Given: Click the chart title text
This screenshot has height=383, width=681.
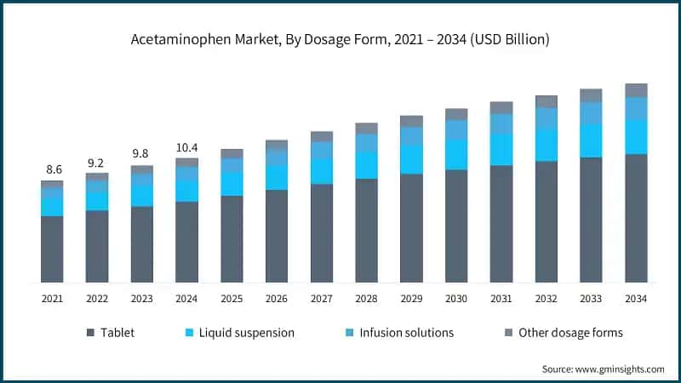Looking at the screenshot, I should [340, 39].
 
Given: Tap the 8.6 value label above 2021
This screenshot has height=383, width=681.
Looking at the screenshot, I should [52, 170].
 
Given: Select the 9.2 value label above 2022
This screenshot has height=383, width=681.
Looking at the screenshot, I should [97, 163].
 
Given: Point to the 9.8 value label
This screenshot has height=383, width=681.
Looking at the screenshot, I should [142, 155].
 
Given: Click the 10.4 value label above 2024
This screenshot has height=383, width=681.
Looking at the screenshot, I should [187, 147].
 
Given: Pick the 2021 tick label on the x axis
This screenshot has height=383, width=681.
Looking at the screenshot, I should [52, 299].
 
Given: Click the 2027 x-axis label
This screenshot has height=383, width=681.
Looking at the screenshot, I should [322, 299].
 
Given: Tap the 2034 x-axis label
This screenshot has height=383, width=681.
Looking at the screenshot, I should [636, 299].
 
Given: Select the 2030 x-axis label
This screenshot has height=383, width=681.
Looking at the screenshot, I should [456, 299].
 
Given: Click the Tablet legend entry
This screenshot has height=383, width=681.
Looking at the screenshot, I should [111, 333].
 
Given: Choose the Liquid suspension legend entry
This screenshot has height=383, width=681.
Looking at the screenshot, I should [241, 333].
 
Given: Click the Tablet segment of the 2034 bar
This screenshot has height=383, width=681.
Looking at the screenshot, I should [636, 218].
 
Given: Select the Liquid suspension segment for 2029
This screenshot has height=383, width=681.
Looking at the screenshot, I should [411, 159].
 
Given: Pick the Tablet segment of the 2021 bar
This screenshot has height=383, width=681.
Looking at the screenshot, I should [52, 249].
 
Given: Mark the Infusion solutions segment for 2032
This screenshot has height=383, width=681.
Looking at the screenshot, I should [547, 117].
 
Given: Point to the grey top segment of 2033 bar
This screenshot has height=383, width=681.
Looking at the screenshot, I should [592, 95].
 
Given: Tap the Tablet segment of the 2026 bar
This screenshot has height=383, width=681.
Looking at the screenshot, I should [277, 236].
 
